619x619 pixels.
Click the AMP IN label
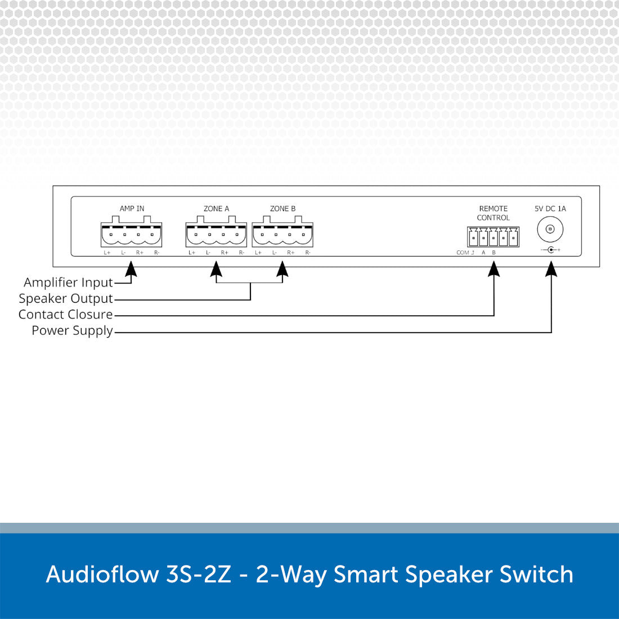(x=132, y=208)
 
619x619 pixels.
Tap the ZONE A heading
(x=216, y=208)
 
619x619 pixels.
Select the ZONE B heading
(x=282, y=208)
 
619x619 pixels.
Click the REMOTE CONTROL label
(x=493, y=213)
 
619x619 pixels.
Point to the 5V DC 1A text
(x=550, y=208)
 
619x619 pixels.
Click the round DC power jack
(x=550, y=229)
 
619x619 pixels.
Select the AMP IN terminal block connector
(x=132, y=232)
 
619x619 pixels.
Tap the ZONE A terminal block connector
(x=216, y=232)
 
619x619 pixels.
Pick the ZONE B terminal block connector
(x=282, y=232)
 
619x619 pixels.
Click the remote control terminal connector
(x=493, y=237)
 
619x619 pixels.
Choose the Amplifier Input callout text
(x=68, y=282)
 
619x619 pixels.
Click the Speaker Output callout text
(x=66, y=299)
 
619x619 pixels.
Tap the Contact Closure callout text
(x=65, y=315)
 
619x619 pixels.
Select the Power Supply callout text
(x=72, y=331)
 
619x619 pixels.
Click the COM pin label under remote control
(x=463, y=253)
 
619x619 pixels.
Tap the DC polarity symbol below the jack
(x=550, y=250)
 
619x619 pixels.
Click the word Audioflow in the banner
(x=102, y=575)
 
